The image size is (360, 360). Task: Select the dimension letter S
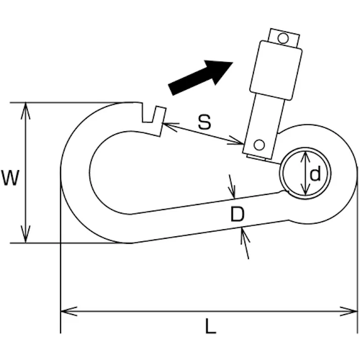tap(204, 122)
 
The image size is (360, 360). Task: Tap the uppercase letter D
tap(237, 215)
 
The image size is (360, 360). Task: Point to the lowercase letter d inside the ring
tap(315, 174)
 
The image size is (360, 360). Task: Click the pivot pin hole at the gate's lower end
tap(259, 145)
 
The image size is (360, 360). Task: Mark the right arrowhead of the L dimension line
tap(353, 311)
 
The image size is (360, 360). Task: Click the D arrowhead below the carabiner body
tap(244, 233)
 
